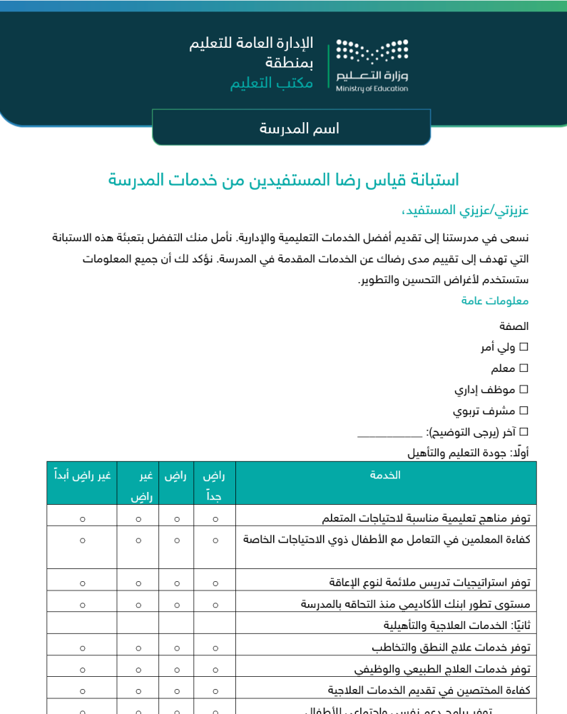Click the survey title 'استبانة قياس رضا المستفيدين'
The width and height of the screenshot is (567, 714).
tap(283, 180)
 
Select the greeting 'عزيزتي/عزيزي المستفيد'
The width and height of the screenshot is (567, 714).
tap(464, 211)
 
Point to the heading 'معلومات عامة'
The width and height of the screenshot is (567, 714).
tap(495, 301)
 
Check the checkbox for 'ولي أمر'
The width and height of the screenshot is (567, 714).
tap(523, 347)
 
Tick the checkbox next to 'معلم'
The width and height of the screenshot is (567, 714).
tap(523, 368)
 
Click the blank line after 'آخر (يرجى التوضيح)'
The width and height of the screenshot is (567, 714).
tap(389, 433)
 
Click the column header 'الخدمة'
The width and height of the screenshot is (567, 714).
tap(385, 476)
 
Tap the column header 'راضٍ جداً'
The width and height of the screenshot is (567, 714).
tap(215, 485)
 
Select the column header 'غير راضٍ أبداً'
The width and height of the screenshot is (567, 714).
tap(82, 476)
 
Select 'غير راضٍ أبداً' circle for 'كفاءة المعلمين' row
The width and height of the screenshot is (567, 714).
tap(82, 540)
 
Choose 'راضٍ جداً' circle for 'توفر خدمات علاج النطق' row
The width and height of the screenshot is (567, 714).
tap(215, 648)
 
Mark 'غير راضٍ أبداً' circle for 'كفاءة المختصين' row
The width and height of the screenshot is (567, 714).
tap(82, 690)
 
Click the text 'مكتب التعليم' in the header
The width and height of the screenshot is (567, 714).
tap(271, 83)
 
